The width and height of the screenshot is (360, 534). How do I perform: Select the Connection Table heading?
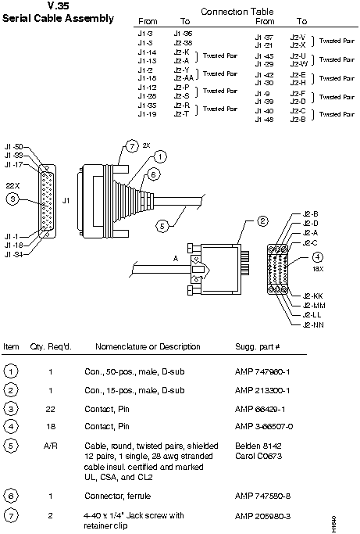coord(239,12)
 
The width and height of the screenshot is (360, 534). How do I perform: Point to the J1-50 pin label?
coord(13,146)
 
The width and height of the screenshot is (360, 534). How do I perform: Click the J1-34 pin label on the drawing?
coord(13,254)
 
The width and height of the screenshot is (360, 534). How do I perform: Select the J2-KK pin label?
coord(312,296)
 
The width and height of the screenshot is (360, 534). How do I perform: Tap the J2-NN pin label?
coord(312,324)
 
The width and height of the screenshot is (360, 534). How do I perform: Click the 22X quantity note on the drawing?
coord(12,185)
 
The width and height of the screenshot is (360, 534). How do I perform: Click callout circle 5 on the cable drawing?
coord(162,227)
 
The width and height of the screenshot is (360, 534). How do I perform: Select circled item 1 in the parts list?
coord(12,371)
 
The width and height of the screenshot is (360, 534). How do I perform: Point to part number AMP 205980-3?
coord(262,517)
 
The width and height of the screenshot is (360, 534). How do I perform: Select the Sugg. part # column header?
coord(262,346)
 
